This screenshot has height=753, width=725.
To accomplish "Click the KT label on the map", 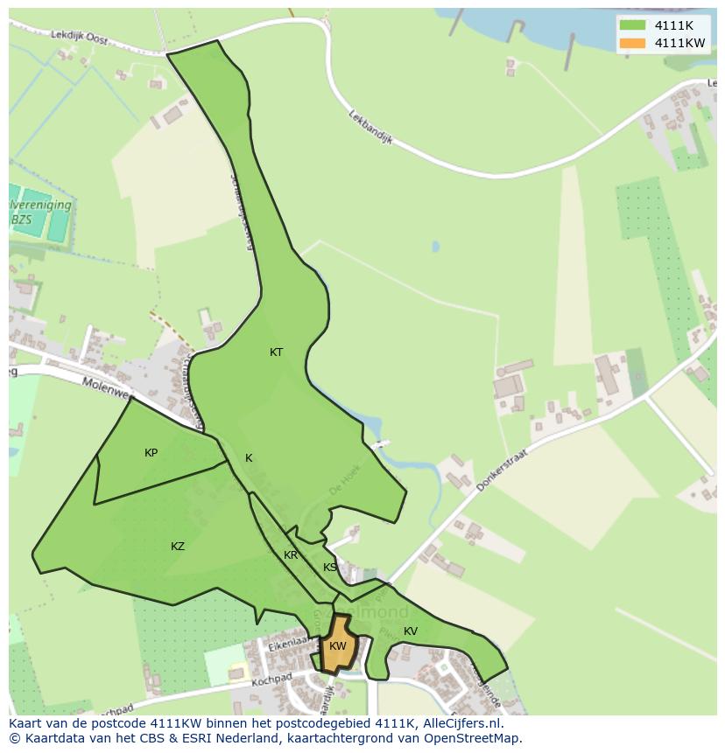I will coord(276,352).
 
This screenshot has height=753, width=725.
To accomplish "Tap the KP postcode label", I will coord(151,453).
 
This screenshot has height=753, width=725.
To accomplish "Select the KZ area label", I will coord(178,547).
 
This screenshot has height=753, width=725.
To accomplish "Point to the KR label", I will coord(291,555).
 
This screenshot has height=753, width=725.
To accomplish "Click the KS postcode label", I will coord(329,568).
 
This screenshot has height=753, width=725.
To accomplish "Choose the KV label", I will coord(411,631).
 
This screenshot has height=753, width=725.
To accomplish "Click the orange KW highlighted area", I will coord(337,646).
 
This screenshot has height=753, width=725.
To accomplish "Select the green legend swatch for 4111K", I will coord(632,25).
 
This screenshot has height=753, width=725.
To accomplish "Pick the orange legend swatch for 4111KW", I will coord(632,43).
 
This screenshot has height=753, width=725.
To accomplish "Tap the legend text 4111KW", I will coord(679,43).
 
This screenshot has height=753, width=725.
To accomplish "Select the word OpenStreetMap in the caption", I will coord(477,738).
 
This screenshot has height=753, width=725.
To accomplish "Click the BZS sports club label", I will coord(23,219).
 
